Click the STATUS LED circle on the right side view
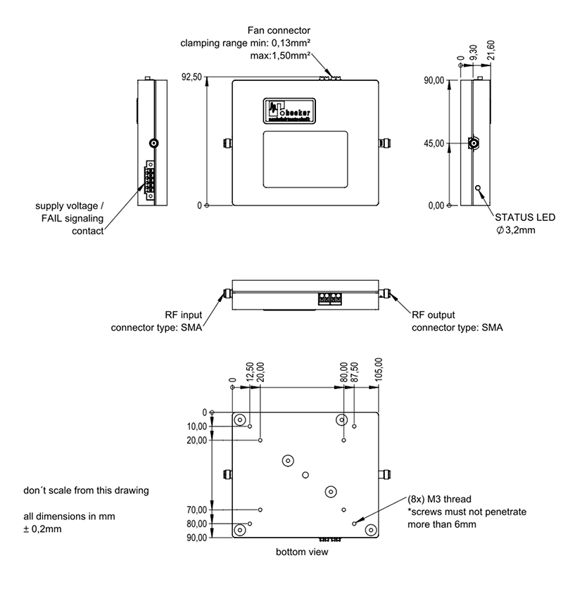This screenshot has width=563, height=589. tap(479, 189)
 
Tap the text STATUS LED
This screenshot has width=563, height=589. tap(525, 217)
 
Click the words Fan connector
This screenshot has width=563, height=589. tap(279, 31)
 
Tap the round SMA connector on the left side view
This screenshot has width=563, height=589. tap(154, 144)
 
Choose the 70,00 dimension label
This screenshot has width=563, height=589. tap(198, 509)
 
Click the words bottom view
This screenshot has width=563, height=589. tap(302, 552)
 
